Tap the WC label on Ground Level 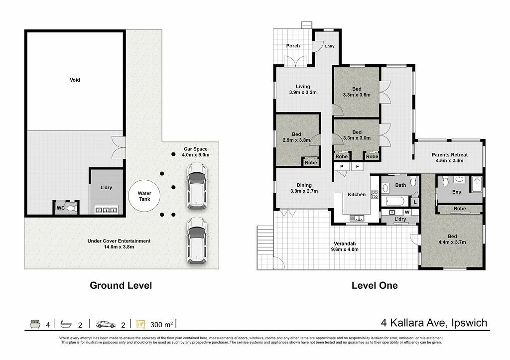pos(60,208)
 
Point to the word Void pos(75,80)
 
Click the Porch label pos(293,46)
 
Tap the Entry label pos(330,46)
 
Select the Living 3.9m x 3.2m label pos(303,89)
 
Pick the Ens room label pos(456,192)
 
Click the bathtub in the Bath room pos(394,202)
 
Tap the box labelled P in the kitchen pos(342,167)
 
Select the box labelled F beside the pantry pos(357,167)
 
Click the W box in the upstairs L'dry pos(407,212)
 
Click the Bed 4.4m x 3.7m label pos(452,239)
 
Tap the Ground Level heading pos(121,285)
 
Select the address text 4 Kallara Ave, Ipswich pos(434,323)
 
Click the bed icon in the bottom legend pos(35,324)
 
